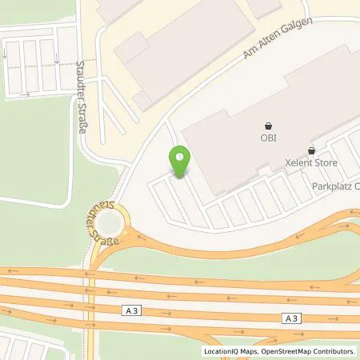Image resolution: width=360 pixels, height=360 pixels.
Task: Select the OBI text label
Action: click(268, 138)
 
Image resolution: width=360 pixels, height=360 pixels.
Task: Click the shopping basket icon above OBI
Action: click(268, 126)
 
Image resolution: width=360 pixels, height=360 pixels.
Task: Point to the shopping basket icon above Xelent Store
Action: click(311, 150)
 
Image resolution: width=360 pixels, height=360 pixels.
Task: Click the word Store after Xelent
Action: click(327, 163)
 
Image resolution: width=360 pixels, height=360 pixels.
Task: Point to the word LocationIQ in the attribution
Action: click(225, 351)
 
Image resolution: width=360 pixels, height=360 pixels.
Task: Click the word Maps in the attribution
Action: click(255, 351)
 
